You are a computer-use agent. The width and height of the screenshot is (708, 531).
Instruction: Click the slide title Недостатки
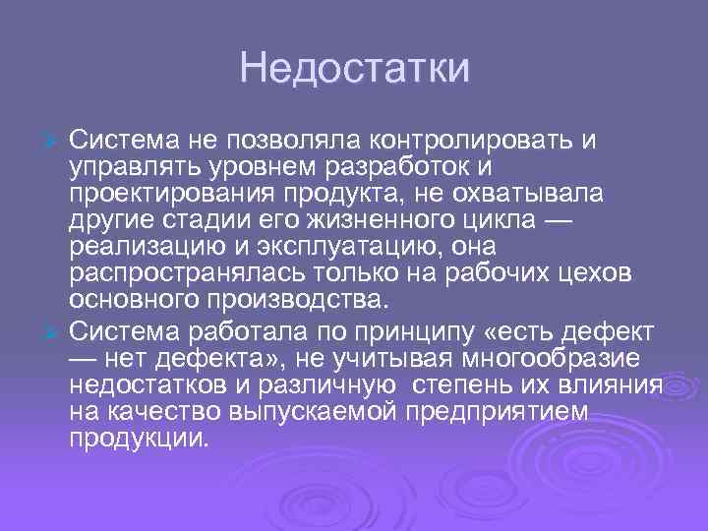pos(354,69)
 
